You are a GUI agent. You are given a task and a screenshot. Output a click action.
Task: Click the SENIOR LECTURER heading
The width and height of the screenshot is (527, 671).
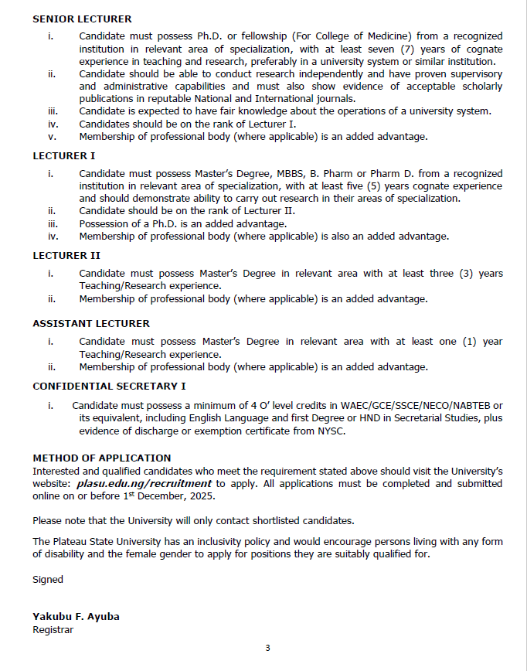pos(82,19)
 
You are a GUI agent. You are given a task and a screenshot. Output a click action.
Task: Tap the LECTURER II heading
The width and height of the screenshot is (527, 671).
pos(66,255)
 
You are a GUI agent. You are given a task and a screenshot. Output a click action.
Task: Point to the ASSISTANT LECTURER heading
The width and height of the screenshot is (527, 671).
pos(91,323)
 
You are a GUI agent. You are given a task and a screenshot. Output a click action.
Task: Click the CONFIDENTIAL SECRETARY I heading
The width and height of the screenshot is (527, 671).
pos(109,386)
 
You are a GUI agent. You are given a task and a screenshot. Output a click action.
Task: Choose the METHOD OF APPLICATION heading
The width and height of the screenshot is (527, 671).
pos(102,458)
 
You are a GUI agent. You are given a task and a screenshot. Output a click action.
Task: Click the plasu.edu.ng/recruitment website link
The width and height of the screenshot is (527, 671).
pos(144,484)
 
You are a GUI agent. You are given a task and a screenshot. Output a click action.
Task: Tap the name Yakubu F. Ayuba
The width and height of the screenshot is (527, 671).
pos(76,616)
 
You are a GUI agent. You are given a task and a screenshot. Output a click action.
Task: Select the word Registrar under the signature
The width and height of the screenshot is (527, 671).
pos(53,629)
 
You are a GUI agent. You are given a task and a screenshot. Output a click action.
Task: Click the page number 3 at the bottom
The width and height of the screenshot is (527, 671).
pos(267,648)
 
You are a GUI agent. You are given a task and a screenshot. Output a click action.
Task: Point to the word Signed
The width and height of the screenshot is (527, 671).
pos(48,579)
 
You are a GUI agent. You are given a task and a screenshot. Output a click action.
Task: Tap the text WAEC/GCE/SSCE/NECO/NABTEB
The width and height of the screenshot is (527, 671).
pos(432,405)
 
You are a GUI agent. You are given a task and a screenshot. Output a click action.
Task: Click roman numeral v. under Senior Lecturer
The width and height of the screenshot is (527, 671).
pos(53,136)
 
